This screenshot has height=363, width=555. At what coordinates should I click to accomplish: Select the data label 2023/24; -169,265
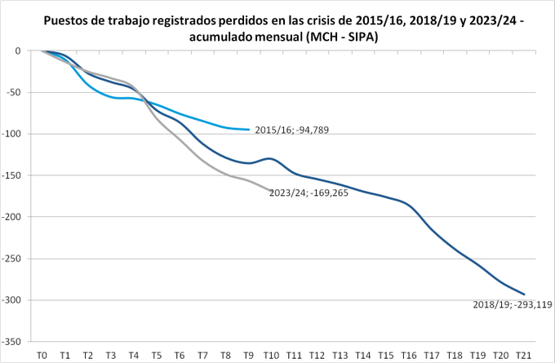tap(309, 193)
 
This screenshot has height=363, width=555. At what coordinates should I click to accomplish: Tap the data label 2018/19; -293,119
tap(513, 304)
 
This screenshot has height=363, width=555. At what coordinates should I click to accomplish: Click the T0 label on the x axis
tap(42, 355)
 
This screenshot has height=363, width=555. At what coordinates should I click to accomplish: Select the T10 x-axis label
tap(272, 355)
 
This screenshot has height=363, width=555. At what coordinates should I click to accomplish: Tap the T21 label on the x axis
tap(524, 355)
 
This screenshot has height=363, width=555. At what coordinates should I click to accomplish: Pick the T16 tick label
tap(410, 355)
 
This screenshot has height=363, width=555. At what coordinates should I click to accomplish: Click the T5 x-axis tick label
tap(157, 355)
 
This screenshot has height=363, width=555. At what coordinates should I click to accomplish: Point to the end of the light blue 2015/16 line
tap(249, 129)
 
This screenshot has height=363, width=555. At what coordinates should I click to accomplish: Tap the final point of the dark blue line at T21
tap(524, 294)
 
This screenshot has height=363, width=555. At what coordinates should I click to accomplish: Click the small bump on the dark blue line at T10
tap(269, 158)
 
